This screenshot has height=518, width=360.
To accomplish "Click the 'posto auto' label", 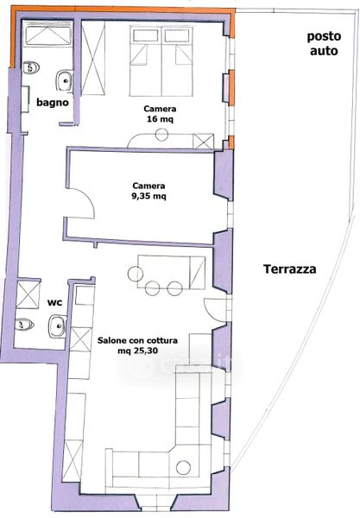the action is click(x=324, y=44).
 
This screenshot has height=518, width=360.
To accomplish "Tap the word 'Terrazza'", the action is click(x=290, y=268).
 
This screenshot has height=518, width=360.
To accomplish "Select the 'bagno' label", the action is click(x=53, y=103).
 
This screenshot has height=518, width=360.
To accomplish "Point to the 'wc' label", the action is click(x=55, y=302).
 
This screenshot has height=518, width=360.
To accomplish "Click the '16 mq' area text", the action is click(x=161, y=119).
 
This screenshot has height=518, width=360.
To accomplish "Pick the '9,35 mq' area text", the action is click(x=149, y=196).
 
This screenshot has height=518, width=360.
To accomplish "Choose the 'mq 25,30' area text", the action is click(x=137, y=351).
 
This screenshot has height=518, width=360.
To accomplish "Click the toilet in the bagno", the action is click(x=31, y=67).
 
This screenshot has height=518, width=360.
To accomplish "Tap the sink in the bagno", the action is click(x=64, y=80).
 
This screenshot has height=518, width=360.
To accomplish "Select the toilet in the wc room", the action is click(x=24, y=325).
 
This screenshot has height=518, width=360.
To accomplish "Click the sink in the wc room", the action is click(x=58, y=326).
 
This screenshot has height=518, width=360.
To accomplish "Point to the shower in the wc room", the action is click(x=28, y=294).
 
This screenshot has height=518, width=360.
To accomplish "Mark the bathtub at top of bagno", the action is click(x=48, y=34).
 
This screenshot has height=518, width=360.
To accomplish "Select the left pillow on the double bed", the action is click(x=146, y=35).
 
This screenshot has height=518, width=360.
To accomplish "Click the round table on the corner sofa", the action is click(x=183, y=467).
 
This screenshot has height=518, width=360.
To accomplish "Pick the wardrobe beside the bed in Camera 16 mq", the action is click(x=93, y=58).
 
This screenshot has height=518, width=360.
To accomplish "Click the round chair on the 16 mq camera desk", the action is click(x=161, y=135).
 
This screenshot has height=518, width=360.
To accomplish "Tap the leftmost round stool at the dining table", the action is click(x=136, y=275).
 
